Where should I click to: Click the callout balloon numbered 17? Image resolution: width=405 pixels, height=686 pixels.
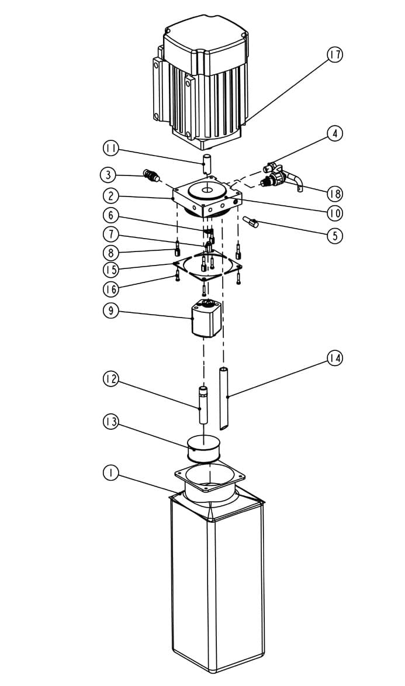(x=335, y=55)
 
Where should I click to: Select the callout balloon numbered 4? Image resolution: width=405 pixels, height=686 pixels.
(x=335, y=133)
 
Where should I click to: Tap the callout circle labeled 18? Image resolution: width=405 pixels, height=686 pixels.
(x=335, y=194)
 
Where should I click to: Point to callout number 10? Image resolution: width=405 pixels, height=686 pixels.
(x=335, y=213)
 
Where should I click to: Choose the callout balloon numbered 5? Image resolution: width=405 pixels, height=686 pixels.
(x=335, y=236)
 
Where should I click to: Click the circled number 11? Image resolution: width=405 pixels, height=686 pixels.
(x=110, y=149)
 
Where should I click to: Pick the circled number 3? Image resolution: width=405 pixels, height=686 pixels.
(x=108, y=175)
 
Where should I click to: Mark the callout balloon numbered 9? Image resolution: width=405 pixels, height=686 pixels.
(x=110, y=311)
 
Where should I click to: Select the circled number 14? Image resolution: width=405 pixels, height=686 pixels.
(x=335, y=358)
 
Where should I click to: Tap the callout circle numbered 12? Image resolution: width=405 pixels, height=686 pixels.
(x=110, y=378)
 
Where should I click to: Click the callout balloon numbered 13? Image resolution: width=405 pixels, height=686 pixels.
(x=110, y=422)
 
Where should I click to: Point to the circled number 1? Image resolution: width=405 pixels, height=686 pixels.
(x=110, y=473)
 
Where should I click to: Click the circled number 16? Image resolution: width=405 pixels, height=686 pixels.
(x=110, y=288)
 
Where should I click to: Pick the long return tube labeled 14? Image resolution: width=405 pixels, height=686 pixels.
(x=223, y=399)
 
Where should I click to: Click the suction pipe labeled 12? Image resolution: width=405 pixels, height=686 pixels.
(x=203, y=405)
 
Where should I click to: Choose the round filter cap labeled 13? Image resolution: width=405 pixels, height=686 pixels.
(x=203, y=449)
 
